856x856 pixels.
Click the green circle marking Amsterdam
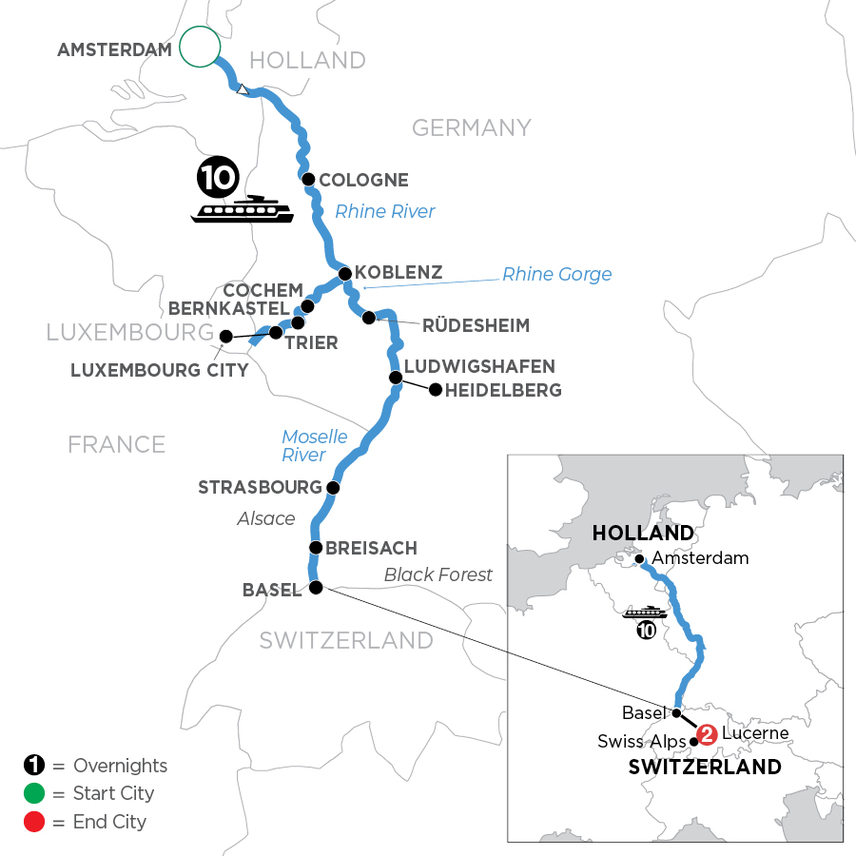[200, 46]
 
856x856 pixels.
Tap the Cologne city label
[363, 180]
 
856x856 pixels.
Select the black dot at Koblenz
[345, 274]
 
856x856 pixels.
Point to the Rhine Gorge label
[556, 275]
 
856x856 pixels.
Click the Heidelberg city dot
[436, 389]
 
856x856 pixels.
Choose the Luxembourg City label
[159, 370]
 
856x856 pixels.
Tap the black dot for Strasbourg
[333, 488]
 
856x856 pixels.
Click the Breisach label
[371, 549]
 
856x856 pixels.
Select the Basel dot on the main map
[316, 588]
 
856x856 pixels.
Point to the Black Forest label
[438, 574]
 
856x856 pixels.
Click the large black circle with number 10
[216, 178]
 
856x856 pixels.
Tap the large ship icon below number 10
[242, 209]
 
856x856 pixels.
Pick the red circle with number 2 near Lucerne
[706, 734]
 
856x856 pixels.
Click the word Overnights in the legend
[120, 766]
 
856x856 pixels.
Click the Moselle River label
[314, 446]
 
